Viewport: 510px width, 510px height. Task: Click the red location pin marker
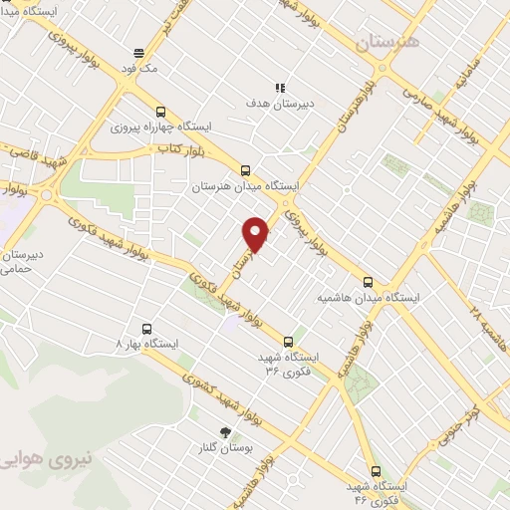tap(256, 233)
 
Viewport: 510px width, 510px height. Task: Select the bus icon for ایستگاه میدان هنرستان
tap(246, 169)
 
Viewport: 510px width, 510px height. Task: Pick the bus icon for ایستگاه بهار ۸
tap(147, 328)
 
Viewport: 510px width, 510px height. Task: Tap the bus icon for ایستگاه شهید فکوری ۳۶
tap(289, 340)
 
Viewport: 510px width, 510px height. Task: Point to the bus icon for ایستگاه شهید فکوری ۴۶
tap(376, 471)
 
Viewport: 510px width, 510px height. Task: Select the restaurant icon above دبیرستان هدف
tap(282, 87)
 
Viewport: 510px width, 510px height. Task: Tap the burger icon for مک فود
tap(138, 53)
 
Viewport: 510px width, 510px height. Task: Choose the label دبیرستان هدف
tap(280, 103)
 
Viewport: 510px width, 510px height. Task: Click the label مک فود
tap(138, 69)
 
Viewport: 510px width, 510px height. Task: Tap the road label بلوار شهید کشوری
tap(218, 390)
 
